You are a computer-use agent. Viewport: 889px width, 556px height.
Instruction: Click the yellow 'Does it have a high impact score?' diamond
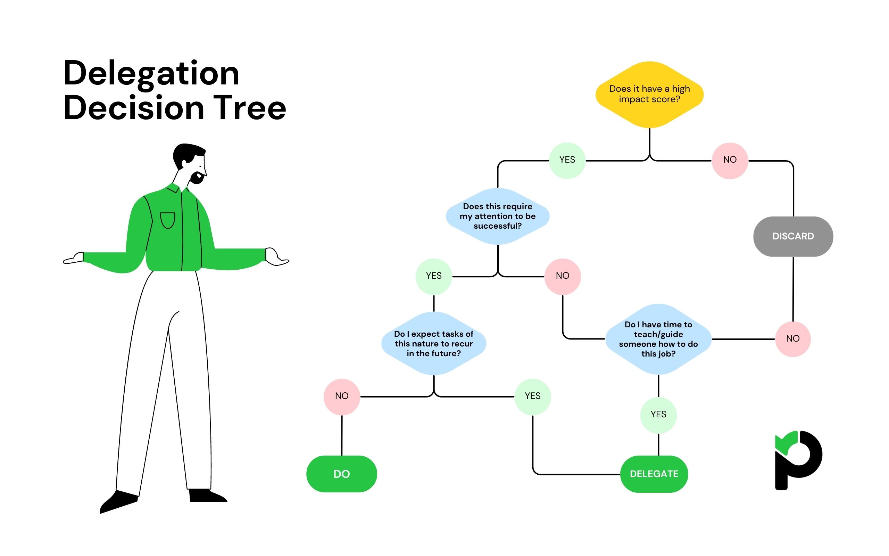[649, 95]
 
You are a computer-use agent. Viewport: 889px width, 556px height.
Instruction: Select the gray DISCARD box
[793, 236]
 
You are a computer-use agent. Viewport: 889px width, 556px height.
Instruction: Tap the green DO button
[341, 474]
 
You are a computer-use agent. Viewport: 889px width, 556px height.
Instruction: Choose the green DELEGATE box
[654, 474]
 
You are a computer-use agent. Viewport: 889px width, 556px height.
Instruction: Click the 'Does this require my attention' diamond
[497, 216]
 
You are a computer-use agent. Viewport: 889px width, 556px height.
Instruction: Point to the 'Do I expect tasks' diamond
[433, 343]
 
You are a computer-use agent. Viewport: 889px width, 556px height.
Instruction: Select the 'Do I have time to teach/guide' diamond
[658, 339]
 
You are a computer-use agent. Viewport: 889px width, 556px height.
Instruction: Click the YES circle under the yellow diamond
[567, 160]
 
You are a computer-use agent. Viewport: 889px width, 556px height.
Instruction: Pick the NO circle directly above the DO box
[341, 396]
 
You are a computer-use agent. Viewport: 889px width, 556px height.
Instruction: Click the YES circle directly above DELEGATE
[658, 415]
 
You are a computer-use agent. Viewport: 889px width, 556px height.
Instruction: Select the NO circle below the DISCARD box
[792, 339]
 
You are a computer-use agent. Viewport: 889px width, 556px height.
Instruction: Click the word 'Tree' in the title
[249, 108]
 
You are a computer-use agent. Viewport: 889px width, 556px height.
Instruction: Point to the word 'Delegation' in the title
[151, 74]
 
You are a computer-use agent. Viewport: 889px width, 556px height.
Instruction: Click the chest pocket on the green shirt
[167, 220]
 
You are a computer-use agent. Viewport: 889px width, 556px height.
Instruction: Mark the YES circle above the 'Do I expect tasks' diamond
[433, 276]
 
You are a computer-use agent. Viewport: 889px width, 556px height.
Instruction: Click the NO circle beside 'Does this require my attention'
[562, 276]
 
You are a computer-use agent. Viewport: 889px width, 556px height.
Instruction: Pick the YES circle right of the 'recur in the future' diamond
[532, 396]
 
